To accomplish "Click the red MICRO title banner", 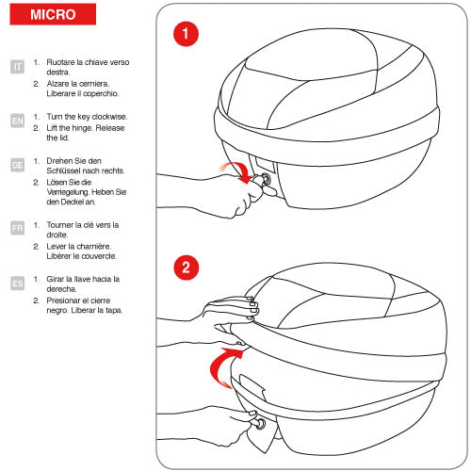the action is (53, 14).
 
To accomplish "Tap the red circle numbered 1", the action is (186, 34).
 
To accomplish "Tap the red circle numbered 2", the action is (187, 268).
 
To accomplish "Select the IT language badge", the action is (17, 67).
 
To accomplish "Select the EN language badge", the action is (17, 121).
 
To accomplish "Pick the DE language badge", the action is (17, 165).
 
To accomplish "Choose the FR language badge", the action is (17, 228).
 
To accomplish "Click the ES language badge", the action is (17, 284).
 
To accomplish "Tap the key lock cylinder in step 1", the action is (266, 178).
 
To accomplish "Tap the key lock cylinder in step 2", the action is (261, 424).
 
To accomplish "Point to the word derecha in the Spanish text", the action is (61, 289).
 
